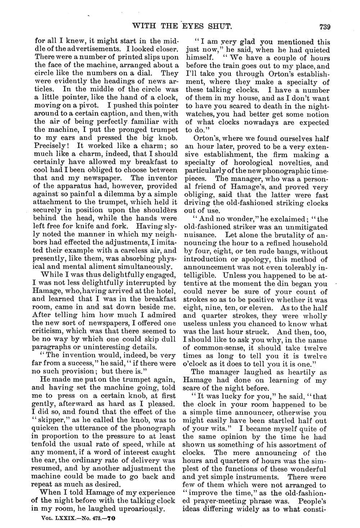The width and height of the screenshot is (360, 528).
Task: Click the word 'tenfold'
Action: pyautogui.click(x=46, y=444)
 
